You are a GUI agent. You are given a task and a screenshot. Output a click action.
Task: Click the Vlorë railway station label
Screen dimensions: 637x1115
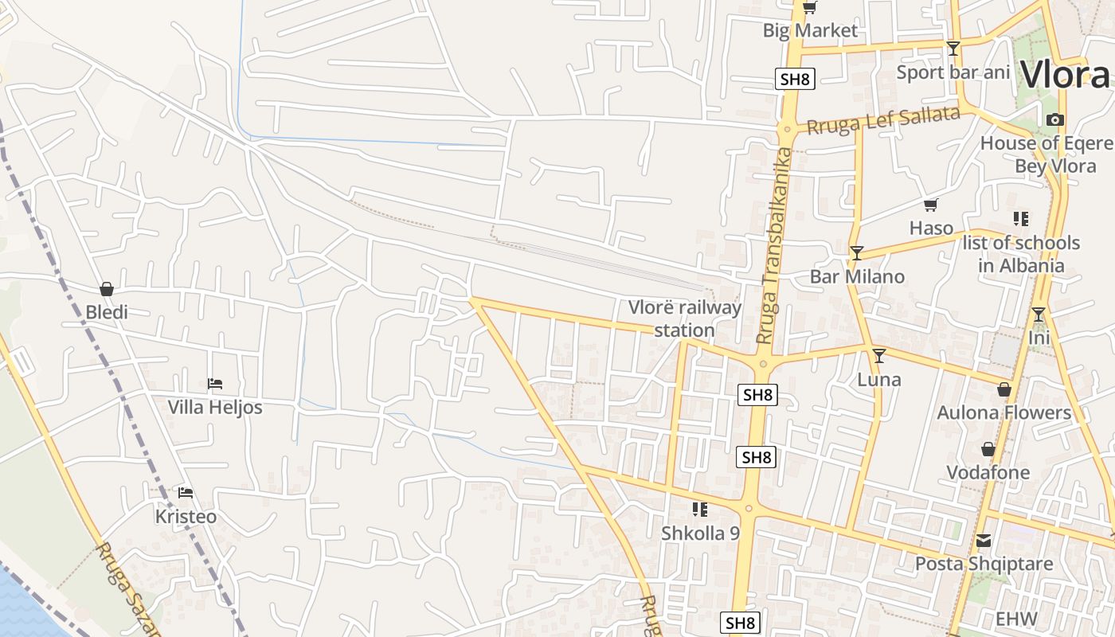[684, 318]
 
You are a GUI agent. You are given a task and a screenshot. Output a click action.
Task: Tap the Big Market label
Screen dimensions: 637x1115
[810, 31]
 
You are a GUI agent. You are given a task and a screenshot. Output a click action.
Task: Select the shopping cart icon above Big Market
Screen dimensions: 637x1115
[810, 8]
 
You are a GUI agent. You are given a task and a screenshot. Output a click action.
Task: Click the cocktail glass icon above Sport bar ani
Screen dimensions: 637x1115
[953, 49]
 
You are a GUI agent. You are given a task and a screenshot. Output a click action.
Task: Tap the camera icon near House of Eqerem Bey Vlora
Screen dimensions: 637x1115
[1055, 120]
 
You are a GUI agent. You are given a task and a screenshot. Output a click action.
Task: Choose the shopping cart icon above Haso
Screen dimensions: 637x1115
[931, 205]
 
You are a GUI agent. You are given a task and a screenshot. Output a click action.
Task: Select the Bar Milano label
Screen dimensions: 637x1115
[857, 277]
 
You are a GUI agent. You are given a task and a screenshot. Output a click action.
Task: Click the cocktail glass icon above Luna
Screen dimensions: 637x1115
[879, 356]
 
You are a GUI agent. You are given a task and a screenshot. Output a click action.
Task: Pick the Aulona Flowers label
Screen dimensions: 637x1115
[1003, 412]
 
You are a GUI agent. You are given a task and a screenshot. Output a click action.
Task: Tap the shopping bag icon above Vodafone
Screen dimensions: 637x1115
[988, 450]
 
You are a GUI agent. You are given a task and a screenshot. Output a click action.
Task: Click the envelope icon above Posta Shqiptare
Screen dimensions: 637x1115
[984, 541]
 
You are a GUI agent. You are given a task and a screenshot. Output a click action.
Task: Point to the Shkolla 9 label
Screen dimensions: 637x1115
[700, 533]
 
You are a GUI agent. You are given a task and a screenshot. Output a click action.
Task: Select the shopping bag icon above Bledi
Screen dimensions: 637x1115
[107, 289]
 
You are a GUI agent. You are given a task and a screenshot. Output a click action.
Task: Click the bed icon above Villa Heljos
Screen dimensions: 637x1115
[214, 384]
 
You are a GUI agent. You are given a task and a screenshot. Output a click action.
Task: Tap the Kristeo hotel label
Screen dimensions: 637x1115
[186, 517]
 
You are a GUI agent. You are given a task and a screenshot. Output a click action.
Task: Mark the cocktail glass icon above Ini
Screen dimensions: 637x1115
[1039, 315]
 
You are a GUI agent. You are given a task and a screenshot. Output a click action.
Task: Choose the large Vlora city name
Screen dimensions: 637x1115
[1066, 76]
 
